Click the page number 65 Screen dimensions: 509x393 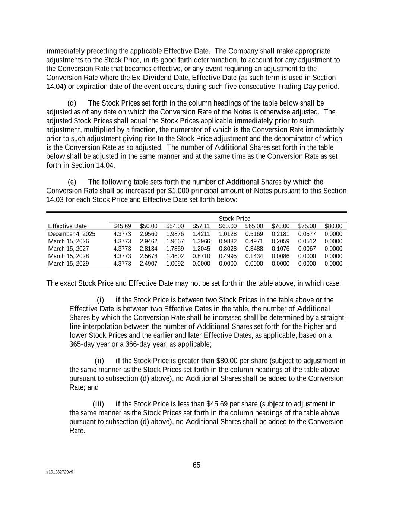[196, 465]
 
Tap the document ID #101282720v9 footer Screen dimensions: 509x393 [60, 472]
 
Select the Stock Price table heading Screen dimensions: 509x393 [234, 219]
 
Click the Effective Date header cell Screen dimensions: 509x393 [67, 226]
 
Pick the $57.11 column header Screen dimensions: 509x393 [201, 226]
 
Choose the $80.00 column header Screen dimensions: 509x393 [333, 226]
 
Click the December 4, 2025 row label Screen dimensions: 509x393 [72, 234]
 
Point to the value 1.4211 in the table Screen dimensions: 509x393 [201, 234]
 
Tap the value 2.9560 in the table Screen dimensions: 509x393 [149, 234]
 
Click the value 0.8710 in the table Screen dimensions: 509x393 [201, 256]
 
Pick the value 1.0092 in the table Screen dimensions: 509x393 [175, 263]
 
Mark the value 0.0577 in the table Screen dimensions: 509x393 [307, 234]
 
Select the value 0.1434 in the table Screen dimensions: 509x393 [254, 256]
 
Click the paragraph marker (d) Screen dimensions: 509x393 [72, 103]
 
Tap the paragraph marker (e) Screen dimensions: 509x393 [72, 182]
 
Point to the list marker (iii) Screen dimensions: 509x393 [98, 404]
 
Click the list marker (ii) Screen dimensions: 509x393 [99, 361]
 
